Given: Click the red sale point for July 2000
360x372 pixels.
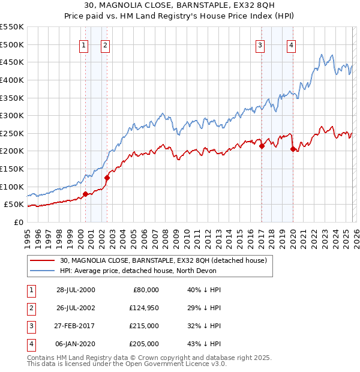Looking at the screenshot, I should coord(85,193).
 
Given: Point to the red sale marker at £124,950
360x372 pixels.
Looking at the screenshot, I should coord(107,178).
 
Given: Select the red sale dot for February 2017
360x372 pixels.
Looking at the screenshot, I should coord(262,146).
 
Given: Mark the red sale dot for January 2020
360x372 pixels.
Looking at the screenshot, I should coord(293,149).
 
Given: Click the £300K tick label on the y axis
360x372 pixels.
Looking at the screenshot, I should coord(12,115).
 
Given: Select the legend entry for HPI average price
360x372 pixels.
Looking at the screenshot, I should coord(150,271).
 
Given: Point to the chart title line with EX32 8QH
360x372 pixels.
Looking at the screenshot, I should coord(180,7).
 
